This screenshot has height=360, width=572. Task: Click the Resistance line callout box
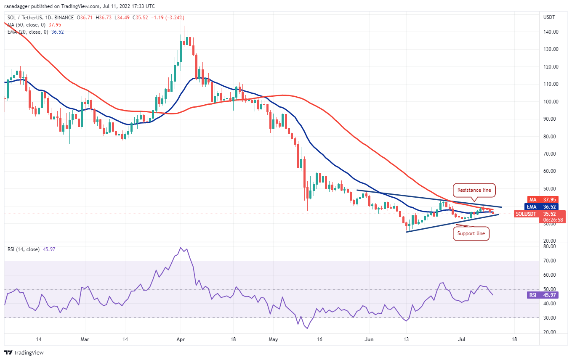(474, 190)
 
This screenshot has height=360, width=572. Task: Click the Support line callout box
(471, 233)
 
